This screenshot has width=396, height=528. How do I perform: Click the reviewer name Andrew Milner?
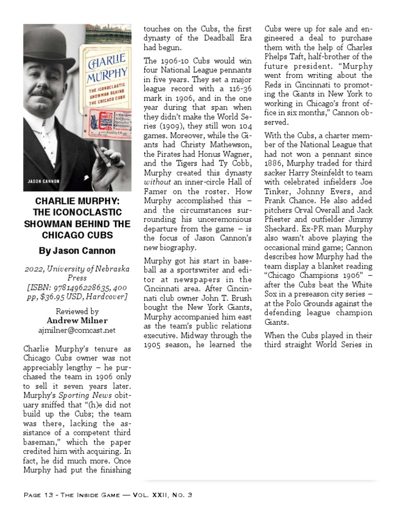pos(77,321)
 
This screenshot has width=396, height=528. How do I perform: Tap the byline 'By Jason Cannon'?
pos(77,251)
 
